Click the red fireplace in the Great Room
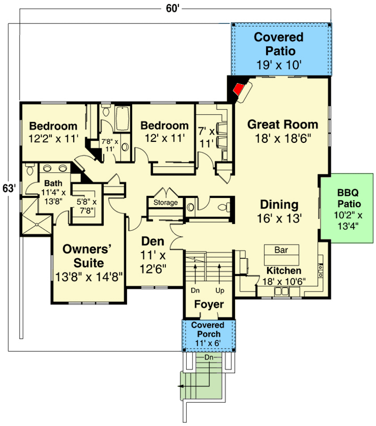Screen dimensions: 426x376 238,89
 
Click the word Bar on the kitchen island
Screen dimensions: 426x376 281,250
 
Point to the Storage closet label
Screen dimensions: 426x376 165,203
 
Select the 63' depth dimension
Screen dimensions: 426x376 9,188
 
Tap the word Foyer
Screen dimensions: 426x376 209,304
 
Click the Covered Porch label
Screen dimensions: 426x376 208,329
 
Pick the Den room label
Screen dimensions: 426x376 153,242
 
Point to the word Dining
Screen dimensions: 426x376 279,204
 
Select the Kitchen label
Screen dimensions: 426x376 284,271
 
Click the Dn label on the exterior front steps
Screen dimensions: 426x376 208,358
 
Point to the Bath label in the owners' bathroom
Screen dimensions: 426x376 53,183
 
